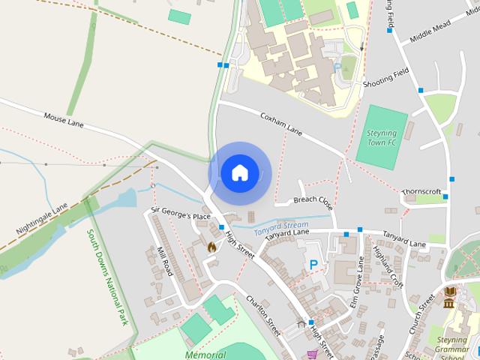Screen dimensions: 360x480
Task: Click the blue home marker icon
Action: (239, 172)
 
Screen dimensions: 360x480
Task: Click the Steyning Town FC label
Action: (381, 137)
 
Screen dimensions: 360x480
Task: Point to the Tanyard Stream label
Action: (281, 226)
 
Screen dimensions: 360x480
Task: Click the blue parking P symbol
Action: (313, 264)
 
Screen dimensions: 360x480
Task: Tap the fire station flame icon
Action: (211, 245)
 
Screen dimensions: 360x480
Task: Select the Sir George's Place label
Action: (181, 216)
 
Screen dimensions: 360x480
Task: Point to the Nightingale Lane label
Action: (40, 217)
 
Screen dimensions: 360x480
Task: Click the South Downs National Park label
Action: (107, 277)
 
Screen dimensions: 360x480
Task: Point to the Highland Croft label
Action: (390, 267)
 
